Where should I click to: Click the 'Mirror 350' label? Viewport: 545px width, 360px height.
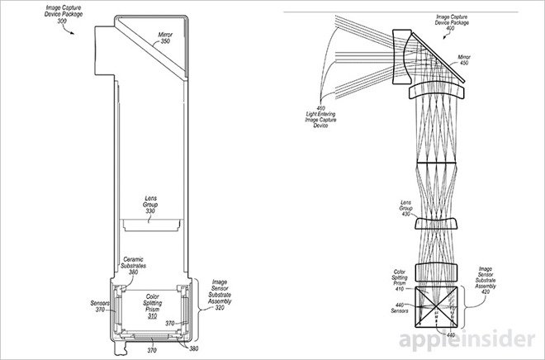(x=165, y=38)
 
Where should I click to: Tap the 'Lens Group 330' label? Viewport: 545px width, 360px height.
(x=150, y=205)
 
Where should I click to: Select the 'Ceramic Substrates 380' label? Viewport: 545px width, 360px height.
(x=133, y=266)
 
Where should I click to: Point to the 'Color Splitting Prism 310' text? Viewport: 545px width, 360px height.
(x=152, y=306)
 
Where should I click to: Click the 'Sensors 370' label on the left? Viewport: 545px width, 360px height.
(x=100, y=306)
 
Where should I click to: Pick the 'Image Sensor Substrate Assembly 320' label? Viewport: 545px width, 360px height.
(x=220, y=295)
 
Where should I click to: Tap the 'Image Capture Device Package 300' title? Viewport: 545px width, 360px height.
(x=64, y=14)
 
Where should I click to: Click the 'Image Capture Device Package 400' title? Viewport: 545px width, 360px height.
(x=452, y=22)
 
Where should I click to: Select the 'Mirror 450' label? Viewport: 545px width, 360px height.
(x=464, y=59)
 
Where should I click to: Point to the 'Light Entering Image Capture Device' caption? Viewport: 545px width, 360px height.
(x=320, y=116)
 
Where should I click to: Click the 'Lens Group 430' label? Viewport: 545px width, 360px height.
(x=406, y=208)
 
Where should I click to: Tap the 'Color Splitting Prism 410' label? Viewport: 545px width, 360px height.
(x=399, y=280)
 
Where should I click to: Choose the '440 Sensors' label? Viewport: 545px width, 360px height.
(x=400, y=308)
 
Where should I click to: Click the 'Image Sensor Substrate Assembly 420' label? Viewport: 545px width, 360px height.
(x=486, y=280)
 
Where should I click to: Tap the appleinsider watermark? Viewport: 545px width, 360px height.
(x=467, y=339)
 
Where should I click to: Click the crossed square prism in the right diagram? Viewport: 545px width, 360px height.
(x=436, y=306)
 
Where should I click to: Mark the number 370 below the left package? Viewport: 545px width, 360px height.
(x=152, y=350)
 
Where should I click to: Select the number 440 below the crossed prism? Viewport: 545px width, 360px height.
(x=451, y=335)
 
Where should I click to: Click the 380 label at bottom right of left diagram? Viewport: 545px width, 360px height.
(x=195, y=348)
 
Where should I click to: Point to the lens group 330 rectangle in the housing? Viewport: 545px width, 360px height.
(x=152, y=225)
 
